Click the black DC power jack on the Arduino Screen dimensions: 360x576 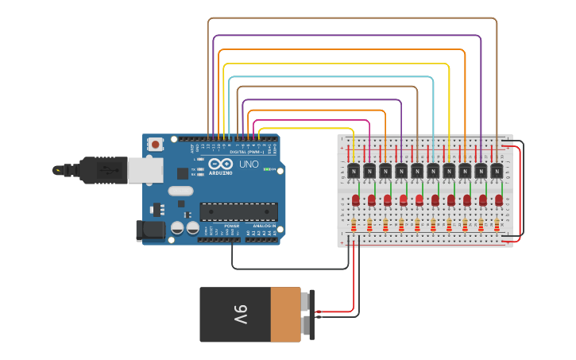[151, 230]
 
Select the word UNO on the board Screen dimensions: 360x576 [249, 164]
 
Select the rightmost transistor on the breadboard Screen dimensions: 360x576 [497, 170]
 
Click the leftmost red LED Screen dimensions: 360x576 [356, 199]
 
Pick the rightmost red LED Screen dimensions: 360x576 [499, 199]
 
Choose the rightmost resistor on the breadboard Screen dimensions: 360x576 [497, 225]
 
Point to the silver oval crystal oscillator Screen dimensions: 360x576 [180, 190]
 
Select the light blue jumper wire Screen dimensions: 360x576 [334, 78]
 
